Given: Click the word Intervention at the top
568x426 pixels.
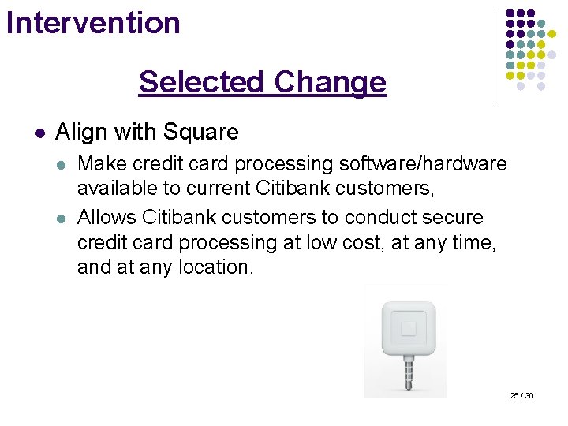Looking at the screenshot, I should (93, 22).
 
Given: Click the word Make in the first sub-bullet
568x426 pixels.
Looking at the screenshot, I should (98, 164).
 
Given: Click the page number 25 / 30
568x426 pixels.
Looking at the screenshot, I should (521, 395).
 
